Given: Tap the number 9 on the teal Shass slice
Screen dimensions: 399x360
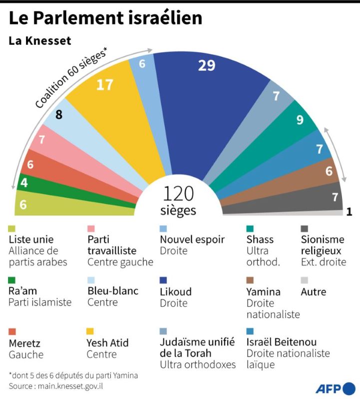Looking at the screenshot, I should click(300, 120).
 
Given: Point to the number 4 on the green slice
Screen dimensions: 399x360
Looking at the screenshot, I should click(24, 183).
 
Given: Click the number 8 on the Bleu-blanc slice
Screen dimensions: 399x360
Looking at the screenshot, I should click(59, 115).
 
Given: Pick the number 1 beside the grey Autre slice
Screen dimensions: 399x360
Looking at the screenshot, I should click(349, 211).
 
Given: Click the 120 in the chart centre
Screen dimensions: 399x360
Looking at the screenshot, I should click(179, 194).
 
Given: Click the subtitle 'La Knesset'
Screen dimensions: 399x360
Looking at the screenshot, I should click(40, 40).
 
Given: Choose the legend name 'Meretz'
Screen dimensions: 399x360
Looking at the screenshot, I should click(23, 343).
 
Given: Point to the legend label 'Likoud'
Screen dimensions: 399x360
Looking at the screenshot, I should click(175, 291).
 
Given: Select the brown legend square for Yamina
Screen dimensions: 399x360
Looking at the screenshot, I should click(250, 280).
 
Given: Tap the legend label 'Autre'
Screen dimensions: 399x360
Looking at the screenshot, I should click(313, 291).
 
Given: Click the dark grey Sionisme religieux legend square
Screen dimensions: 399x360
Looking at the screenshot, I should click(304, 228).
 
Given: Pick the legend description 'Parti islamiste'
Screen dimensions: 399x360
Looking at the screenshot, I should click(40, 302).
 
